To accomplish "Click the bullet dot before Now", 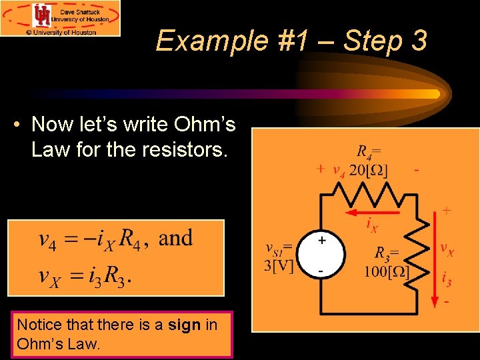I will tap(22, 125).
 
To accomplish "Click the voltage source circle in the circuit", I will tap(321, 254).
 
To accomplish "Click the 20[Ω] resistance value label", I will tap(369, 169).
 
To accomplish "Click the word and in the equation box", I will tap(176, 238).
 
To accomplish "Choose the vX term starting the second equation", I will tap(50, 275).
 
